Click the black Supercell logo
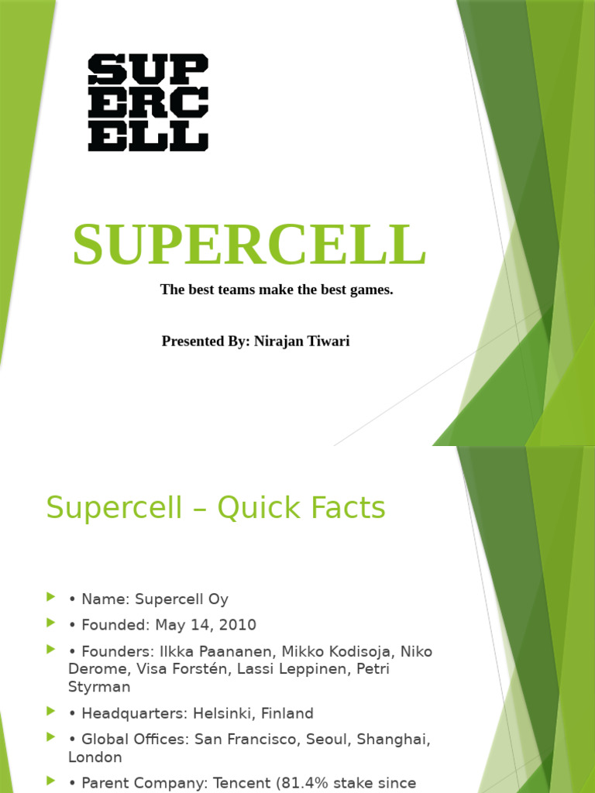click(148, 102)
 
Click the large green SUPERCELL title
click(249, 245)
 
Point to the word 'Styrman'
click(99, 687)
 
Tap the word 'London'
click(95, 757)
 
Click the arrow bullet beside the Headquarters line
click(51, 710)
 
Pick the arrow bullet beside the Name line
click(51, 596)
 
